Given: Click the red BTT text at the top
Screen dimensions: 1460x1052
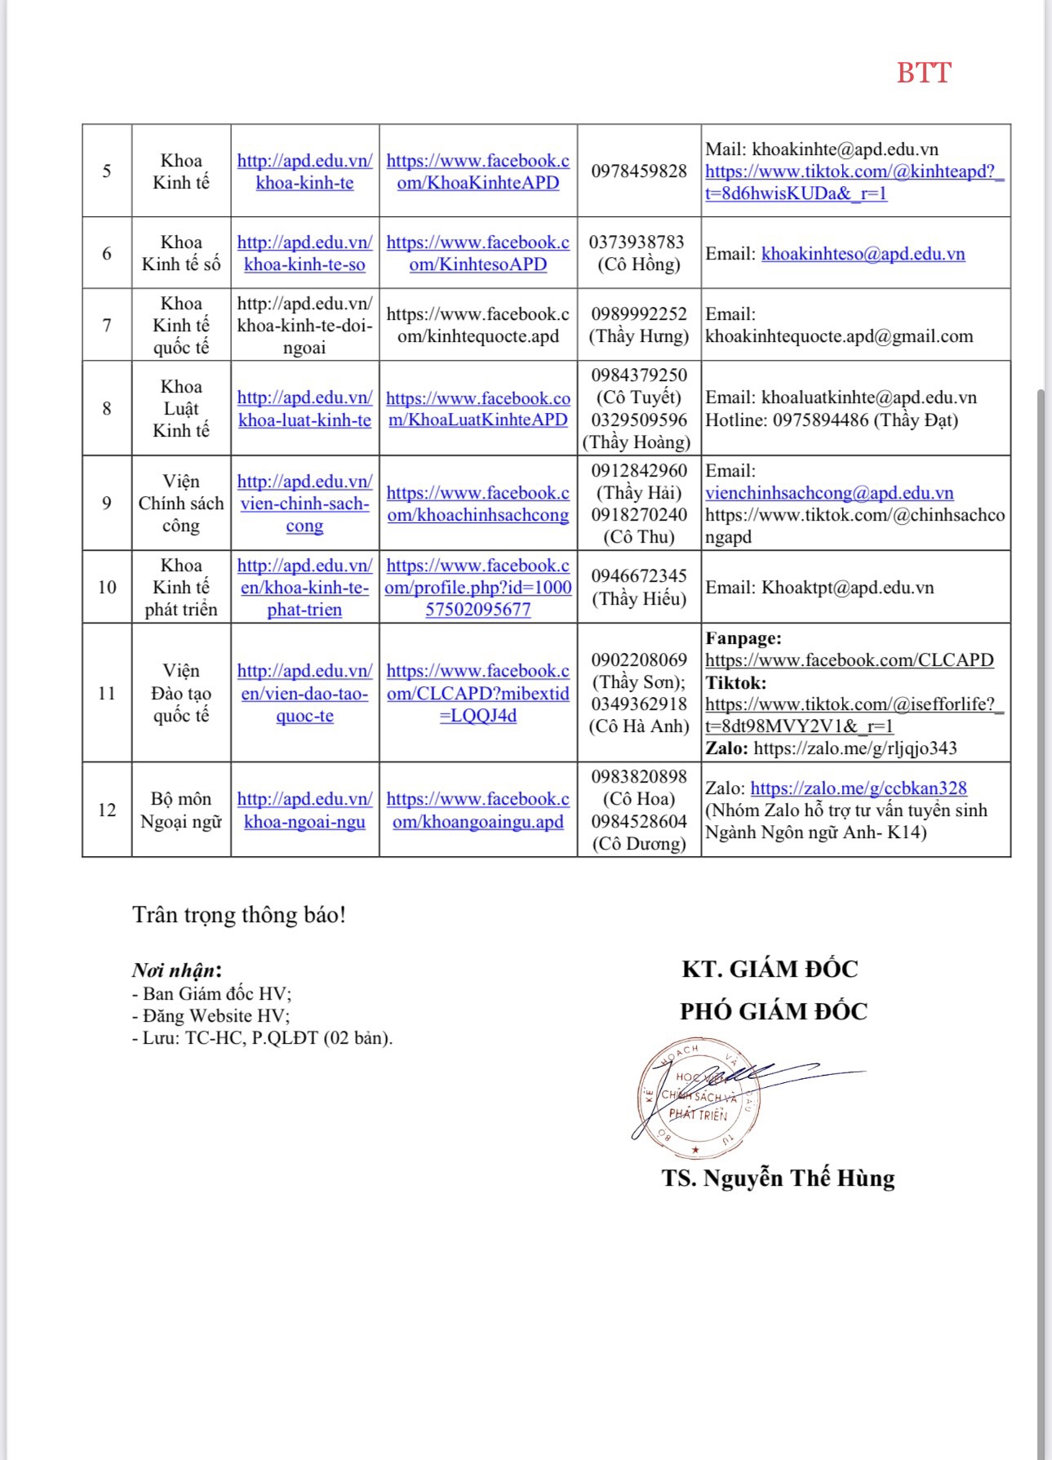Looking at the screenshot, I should coord(923,73).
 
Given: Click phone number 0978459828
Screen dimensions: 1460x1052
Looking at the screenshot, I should coord(639,171).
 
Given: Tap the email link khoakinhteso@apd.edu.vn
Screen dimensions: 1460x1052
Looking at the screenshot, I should coord(863,254).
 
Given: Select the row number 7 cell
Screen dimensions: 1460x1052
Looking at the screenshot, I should coord(107,325).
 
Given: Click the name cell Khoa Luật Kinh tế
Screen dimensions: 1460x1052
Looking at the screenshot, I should coord(181,408).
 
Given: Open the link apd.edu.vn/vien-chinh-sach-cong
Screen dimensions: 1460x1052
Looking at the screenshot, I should coord(304,504).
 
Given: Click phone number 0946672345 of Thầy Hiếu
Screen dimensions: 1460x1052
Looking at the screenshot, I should coord(639,576).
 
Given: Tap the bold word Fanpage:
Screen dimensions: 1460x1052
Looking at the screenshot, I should coord(743,638).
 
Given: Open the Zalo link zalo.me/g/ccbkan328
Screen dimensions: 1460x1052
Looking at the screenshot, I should coord(858,788).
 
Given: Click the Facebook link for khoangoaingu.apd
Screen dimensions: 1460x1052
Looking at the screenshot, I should coord(477,810).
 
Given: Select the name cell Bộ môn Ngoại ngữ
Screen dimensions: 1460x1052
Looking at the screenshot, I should coord(181,810).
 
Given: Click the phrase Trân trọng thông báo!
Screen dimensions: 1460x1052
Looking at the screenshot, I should coord(239,915).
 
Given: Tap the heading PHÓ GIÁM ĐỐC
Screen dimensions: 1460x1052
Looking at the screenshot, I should coord(773,1011).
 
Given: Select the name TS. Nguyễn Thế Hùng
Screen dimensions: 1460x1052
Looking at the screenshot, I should coord(778,1178).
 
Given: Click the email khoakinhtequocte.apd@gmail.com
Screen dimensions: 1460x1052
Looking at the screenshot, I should coord(839,336).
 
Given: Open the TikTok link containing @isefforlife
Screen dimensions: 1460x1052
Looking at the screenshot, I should coord(854,715).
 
